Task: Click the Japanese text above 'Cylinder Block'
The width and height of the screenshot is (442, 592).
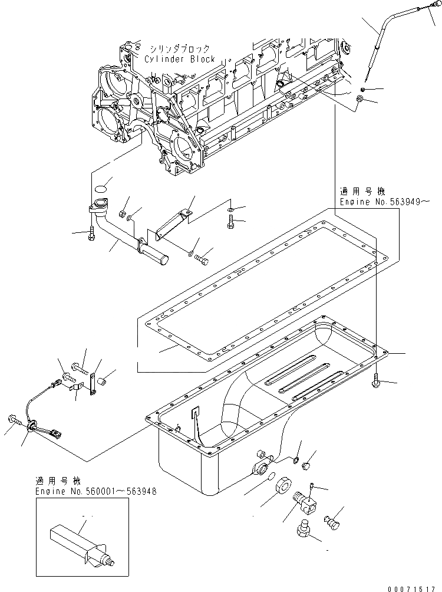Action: click(x=176, y=48)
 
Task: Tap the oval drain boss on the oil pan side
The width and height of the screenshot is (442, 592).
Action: click(x=260, y=469)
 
